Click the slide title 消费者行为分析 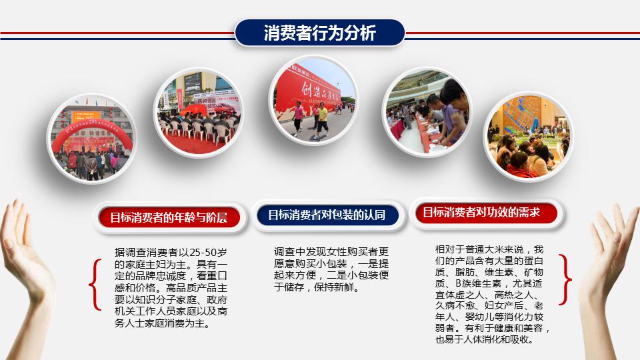click(319, 33)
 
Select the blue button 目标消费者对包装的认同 click(327, 215)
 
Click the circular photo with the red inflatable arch click(93, 141)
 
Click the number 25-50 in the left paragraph click(202, 253)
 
